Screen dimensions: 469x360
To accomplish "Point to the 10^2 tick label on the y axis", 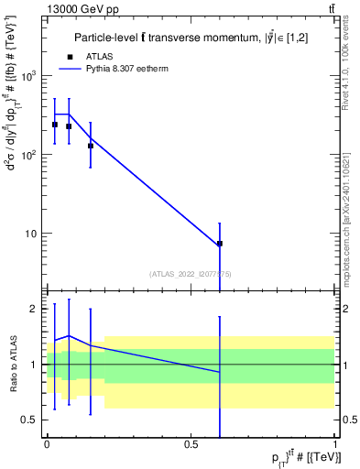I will (x=29, y=154).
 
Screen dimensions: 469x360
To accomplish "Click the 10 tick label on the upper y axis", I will (x=32, y=233).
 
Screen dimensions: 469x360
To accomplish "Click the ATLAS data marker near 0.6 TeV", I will (x=220, y=244).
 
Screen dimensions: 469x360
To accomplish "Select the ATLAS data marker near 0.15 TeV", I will (x=90, y=145).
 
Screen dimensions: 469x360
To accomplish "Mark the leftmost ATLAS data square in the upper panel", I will (x=55, y=125).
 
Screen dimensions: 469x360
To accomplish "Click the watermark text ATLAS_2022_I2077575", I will (x=191, y=273).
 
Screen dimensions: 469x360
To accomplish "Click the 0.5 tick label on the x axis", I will (x=191, y=444).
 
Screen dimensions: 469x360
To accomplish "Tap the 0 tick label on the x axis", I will (x=47, y=444).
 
